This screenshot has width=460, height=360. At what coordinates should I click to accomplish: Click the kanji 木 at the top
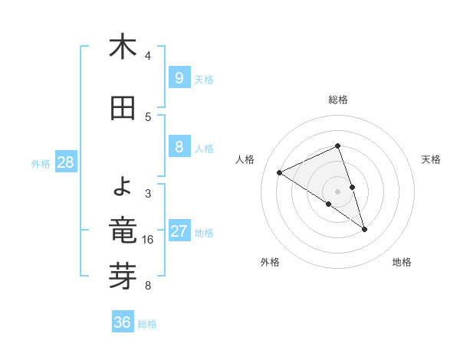(x=123, y=47)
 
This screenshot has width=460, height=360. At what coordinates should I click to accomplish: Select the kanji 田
(x=123, y=109)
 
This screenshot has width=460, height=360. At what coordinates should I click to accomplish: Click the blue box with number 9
(x=179, y=77)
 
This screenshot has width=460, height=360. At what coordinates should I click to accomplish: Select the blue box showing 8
(x=179, y=147)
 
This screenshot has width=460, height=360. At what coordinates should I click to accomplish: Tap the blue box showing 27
(x=179, y=231)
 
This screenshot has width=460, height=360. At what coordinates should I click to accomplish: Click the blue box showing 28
(x=64, y=162)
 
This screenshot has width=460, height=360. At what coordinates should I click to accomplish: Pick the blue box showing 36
(x=122, y=322)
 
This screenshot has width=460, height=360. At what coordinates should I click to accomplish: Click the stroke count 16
(x=148, y=240)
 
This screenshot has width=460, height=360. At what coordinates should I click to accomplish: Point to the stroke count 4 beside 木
(x=148, y=56)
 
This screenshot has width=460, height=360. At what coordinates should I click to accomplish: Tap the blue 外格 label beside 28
(x=41, y=163)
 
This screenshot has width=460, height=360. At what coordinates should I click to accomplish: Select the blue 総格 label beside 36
(x=148, y=324)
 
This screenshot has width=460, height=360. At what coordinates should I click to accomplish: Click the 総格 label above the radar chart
(x=338, y=100)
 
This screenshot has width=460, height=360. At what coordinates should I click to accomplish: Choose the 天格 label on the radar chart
(x=432, y=159)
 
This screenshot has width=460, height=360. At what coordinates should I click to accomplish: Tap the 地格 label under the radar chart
(x=402, y=262)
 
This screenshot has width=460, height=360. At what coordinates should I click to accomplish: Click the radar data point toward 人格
(x=280, y=172)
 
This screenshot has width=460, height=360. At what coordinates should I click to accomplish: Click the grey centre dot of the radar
(x=338, y=191)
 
